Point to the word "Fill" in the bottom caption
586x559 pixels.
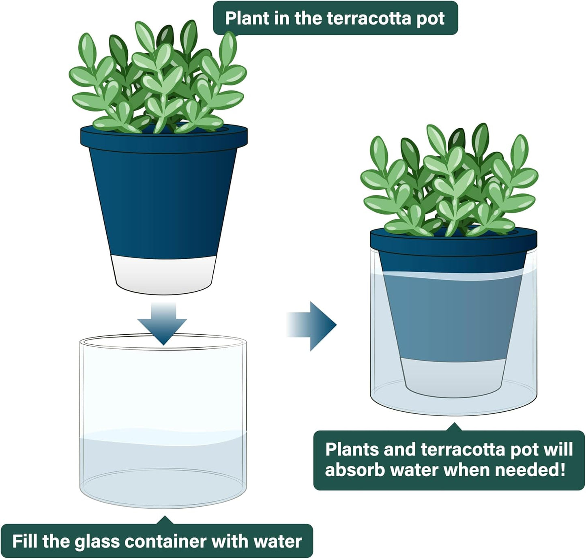point(25,541)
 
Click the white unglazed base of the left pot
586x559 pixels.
point(163,274)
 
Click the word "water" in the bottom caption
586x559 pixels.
point(278,541)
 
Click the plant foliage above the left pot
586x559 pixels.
point(158,81)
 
